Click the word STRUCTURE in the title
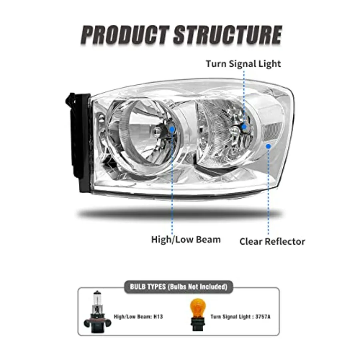click(228, 35)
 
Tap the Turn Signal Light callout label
click(243, 64)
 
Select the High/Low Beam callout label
click(186, 240)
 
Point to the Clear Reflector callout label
click(272, 242)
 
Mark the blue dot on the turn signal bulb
click(244, 126)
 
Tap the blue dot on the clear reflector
click(269, 146)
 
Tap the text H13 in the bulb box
click(158, 316)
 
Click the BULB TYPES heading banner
click(178, 287)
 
